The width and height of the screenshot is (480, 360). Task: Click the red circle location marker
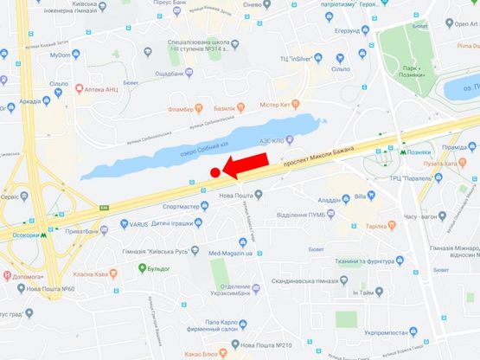tap(216, 174)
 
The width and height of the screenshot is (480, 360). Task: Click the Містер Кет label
tap(278, 104)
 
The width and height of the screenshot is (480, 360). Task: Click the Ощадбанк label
tap(176, 74)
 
